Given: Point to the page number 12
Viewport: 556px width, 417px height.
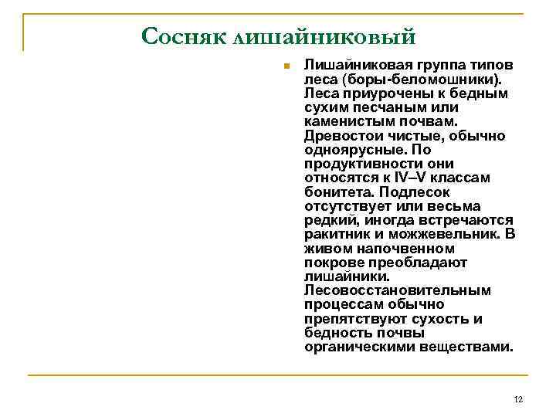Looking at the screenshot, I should coord(518,399).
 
